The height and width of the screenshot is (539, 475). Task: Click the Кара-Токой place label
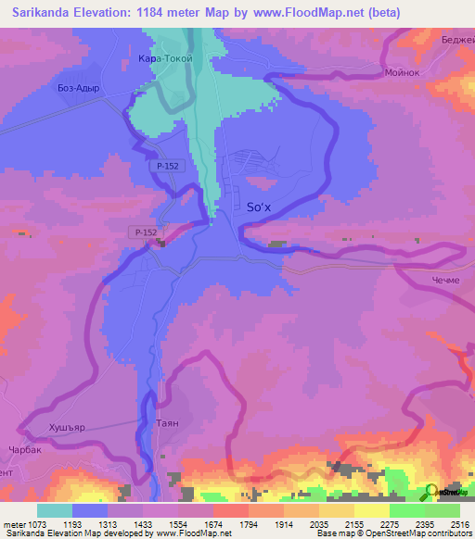point(165,58)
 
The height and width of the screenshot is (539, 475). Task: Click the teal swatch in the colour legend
point(55,510)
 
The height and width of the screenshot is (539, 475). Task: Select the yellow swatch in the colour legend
point(372,510)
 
